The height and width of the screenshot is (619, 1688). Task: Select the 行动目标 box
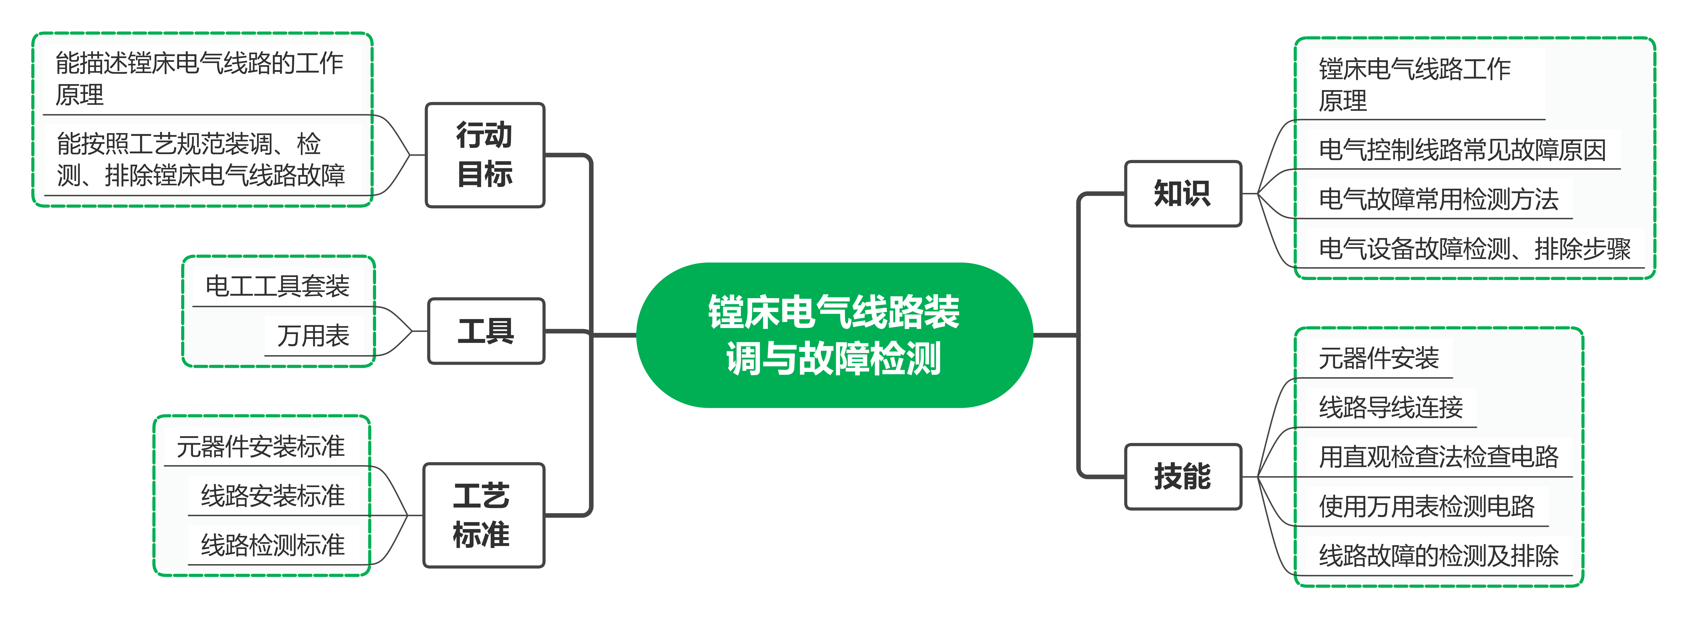tap(485, 155)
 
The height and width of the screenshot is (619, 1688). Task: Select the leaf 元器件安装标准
tap(261, 447)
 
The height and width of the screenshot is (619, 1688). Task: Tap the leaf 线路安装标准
tap(273, 496)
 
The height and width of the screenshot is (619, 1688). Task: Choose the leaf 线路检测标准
tap(273, 545)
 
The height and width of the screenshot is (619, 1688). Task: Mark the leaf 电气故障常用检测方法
tap(1438, 199)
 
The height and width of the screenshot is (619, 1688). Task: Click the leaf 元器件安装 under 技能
tap(1378, 358)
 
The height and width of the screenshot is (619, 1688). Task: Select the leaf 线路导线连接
tap(1390, 407)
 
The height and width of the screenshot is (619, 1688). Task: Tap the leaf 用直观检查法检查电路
tap(1438, 457)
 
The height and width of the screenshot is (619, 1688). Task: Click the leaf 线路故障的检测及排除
tap(1438, 555)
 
